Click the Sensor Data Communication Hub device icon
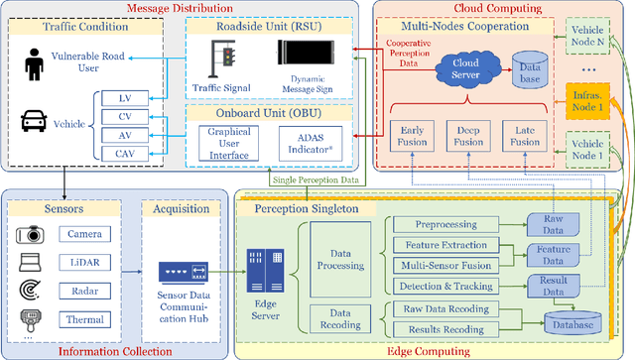[181, 271]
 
